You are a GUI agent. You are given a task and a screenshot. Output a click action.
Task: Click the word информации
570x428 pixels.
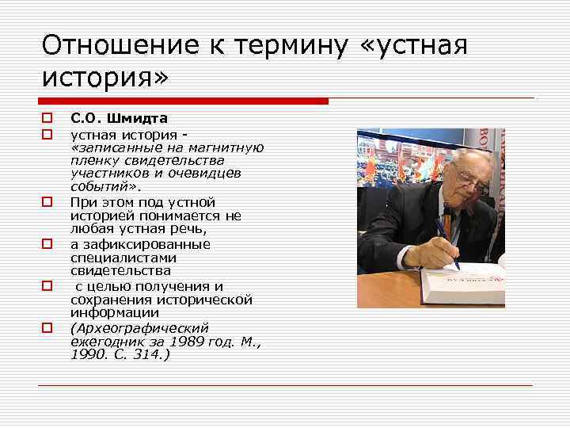tap(109, 313)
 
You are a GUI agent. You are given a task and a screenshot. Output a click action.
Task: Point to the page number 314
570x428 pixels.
tap(145, 354)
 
